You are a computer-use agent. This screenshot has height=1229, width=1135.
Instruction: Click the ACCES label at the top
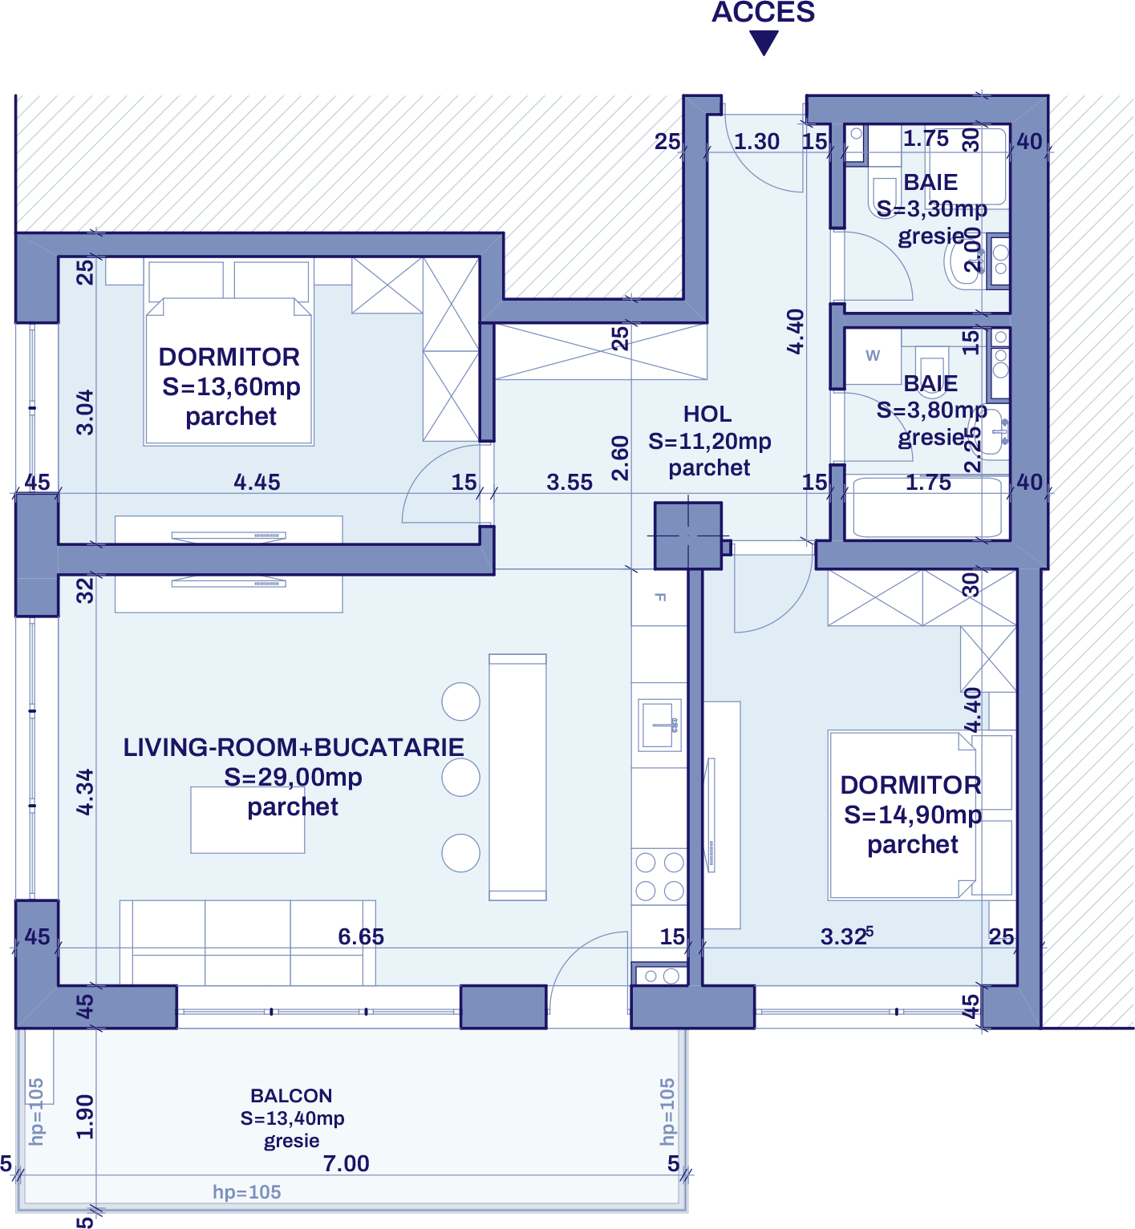point(763,12)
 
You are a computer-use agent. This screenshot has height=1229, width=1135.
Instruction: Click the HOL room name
point(707,414)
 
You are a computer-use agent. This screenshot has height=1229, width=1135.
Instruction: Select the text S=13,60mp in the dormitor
point(231,386)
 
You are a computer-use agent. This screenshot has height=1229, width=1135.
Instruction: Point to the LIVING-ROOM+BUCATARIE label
point(293,747)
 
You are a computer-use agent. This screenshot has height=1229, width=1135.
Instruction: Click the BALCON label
point(291,1095)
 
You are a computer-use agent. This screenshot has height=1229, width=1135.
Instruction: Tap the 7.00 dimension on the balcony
point(346,1163)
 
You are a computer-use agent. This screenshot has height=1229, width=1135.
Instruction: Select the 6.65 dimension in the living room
point(360,936)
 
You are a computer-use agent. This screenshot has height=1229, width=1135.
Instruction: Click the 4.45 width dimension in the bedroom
point(257,482)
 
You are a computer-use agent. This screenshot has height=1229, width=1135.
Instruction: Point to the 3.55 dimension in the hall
point(570,483)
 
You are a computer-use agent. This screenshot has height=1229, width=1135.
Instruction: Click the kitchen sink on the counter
point(659,724)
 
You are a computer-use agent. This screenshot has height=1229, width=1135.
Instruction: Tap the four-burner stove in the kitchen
point(659,876)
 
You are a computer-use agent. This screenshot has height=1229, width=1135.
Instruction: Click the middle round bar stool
point(460,777)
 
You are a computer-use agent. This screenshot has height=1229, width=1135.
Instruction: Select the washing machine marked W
point(873,356)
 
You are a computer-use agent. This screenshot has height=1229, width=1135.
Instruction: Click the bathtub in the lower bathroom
point(927,508)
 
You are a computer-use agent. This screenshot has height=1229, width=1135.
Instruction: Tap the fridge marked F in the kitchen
point(659,597)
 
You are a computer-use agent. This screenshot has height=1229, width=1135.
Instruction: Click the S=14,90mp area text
point(913,815)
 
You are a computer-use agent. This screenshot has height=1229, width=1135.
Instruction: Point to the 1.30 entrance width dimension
point(756,142)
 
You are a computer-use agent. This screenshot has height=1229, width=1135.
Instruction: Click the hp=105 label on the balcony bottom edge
point(247,1192)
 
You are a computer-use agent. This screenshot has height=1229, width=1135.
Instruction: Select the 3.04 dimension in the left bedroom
point(85,412)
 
